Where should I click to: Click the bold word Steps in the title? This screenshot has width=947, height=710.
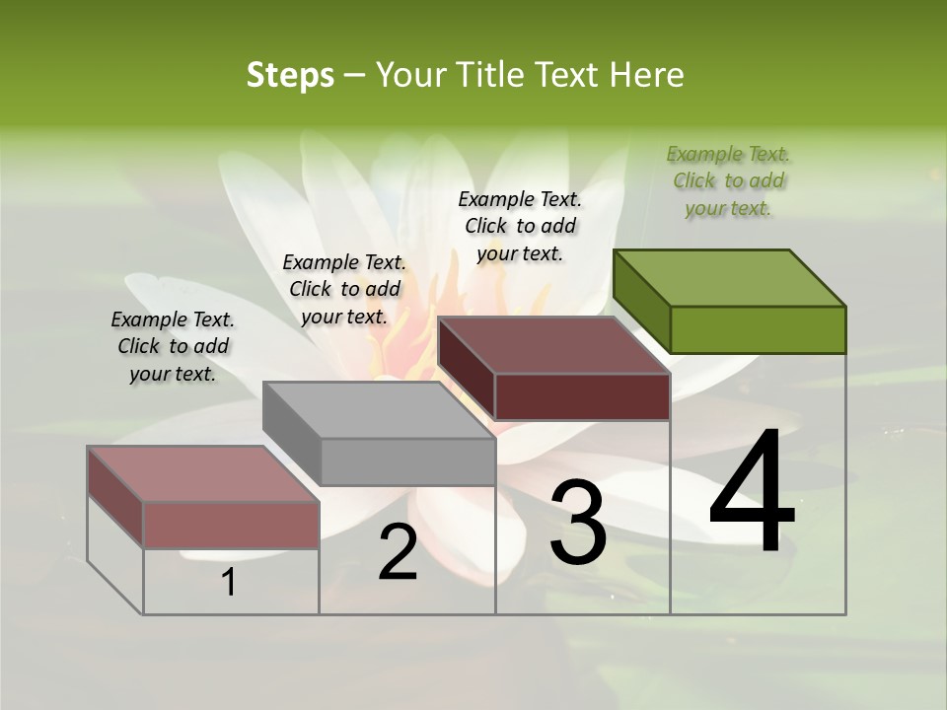(290, 75)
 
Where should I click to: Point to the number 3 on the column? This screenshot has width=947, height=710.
(577, 523)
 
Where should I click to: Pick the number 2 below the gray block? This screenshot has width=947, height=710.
(398, 552)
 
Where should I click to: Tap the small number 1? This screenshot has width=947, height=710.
(229, 583)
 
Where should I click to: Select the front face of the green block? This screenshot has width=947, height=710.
(758, 329)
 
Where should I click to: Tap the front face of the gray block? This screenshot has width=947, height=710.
(407, 461)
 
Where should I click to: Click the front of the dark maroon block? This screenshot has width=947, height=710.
(582, 396)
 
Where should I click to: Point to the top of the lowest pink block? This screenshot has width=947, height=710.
(203, 474)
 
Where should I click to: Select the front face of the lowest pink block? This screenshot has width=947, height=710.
(231, 525)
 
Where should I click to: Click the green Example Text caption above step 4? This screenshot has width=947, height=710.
(729, 181)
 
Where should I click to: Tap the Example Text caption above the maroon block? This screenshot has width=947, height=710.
(520, 226)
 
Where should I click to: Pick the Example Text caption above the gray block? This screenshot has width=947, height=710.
(344, 289)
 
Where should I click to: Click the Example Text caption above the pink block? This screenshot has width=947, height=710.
(173, 346)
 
